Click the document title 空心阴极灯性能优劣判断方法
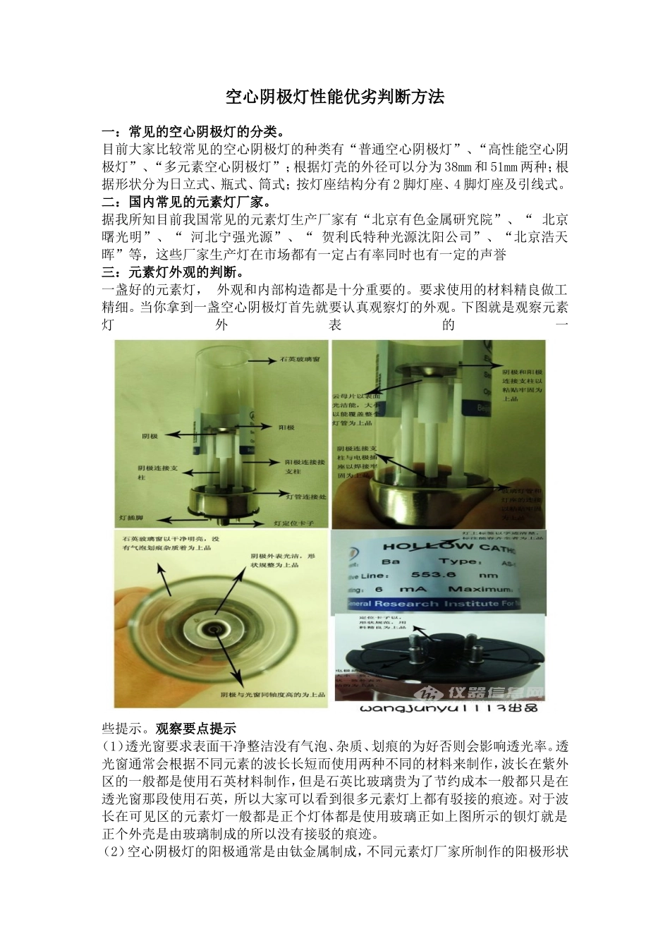(335, 97)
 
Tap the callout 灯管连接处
(306, 497)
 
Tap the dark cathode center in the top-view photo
(212, 628)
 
